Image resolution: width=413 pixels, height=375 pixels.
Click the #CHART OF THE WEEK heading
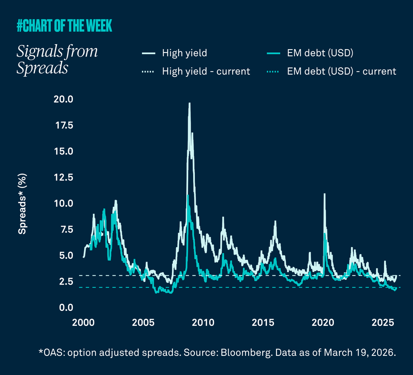(65, 26)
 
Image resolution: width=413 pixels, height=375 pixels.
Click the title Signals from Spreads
(57, 59)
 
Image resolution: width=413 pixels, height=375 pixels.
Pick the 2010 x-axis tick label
(203, 323)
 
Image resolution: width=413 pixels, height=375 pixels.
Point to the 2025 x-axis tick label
(383, 323)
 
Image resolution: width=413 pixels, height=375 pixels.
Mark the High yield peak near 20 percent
(189, 104)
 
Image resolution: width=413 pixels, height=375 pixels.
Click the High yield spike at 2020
(324, 195)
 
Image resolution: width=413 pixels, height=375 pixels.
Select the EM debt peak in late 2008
(188, 196)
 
